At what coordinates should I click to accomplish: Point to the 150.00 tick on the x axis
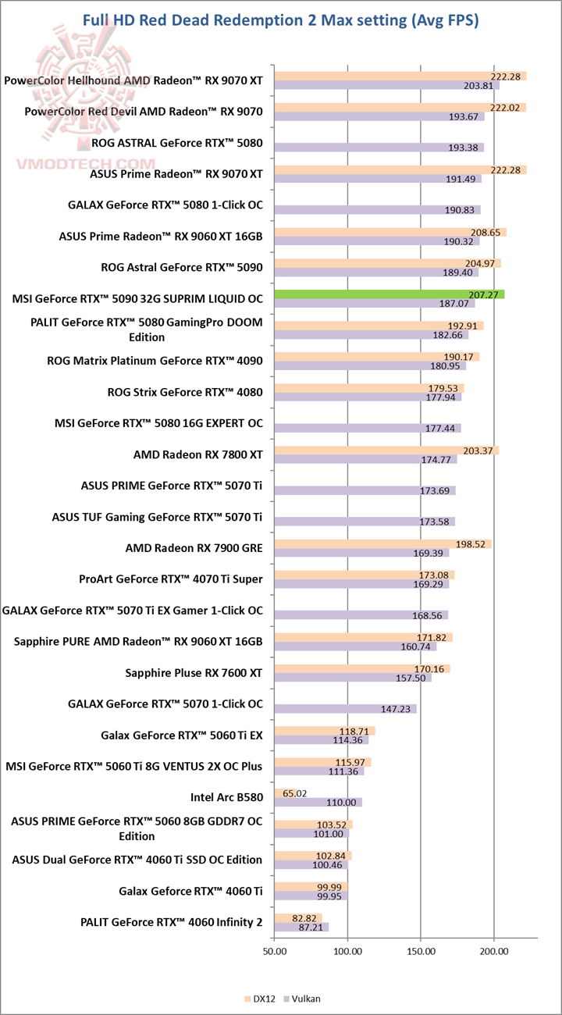pos(421,951)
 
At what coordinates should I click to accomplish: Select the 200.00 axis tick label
pos(493,951)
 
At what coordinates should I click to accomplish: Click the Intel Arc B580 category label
pos(226,797)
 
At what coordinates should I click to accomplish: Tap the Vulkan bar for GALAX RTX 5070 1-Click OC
pos(345,709)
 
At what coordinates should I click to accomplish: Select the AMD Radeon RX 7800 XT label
pos(198,454)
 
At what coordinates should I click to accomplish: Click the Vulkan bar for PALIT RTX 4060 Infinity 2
pos(301,927)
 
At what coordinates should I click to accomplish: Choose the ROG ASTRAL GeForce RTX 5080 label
pos(177,143)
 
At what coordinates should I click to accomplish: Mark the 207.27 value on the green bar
pos(486,294)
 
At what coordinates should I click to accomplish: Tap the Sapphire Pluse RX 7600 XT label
pos(194,672)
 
